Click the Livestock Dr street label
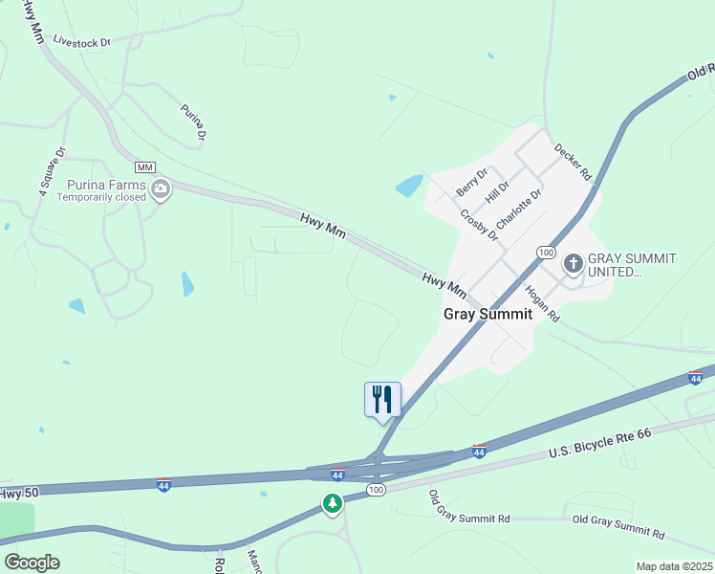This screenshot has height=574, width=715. [82, 41]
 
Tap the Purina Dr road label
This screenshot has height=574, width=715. [193, 122]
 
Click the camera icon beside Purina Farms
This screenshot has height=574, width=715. [161, 188]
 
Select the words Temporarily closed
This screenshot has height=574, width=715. [100, 197]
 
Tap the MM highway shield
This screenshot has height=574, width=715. [144, 167]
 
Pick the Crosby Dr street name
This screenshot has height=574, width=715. [478, 226]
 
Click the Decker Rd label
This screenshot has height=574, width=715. [574, 163]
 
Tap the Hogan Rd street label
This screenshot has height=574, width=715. [541, 302]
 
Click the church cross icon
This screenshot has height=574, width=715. [574, 262]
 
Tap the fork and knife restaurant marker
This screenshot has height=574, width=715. [382, 398]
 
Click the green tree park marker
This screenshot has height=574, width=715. [332, 502]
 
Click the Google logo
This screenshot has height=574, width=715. [32, 563]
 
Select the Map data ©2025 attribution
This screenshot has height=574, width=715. [675, 566]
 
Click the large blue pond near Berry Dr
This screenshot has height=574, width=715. [409, 186]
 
